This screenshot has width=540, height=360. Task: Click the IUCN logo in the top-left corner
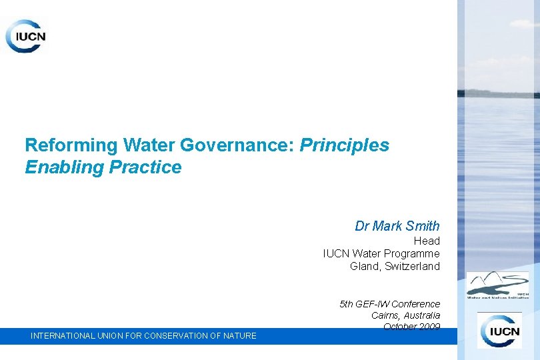[26, 36]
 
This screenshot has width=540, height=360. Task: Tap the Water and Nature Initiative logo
[497, 285]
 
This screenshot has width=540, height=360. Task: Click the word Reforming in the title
[63, 145]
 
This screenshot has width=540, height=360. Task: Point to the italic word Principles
[345, 145]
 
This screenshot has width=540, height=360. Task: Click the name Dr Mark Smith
[397, 226]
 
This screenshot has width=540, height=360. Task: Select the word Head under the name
[427, 241]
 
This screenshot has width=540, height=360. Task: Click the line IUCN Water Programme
[381, 253]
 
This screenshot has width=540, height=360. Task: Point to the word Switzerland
[413, 267]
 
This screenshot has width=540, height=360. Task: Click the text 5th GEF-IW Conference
[390, 304]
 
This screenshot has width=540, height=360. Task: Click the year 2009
[430, 327]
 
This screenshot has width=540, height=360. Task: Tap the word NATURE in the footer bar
[240, 336]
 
